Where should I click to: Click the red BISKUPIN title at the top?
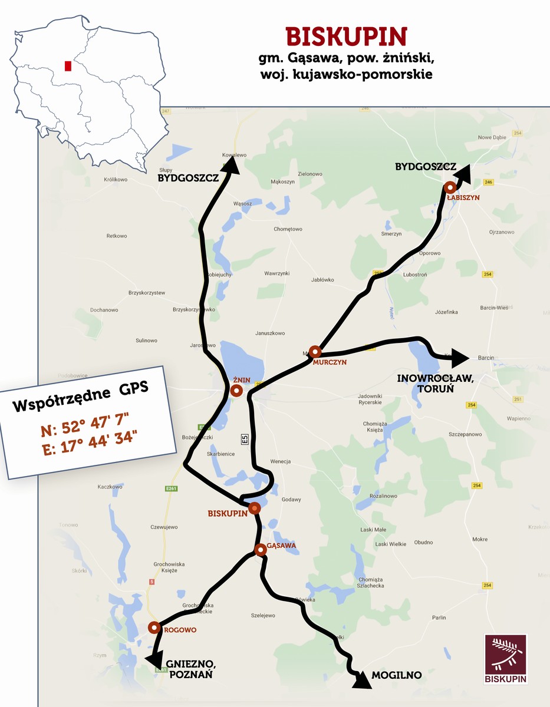(x=347, y=37)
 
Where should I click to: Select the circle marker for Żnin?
(x=236, y=391)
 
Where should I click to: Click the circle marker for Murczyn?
(x=315, y=352)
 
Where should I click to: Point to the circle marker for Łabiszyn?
(x=450, y=187)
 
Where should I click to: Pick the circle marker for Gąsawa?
(x=260, y=550)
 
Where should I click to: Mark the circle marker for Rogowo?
(x=154, y=627)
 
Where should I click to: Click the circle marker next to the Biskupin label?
(x=255, y=508)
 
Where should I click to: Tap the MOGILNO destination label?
(x=397, y=675)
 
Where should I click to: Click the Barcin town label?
(x=486, y=358)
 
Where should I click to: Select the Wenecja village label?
(x=281, y=461)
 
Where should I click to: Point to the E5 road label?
(x=243, y=439)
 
